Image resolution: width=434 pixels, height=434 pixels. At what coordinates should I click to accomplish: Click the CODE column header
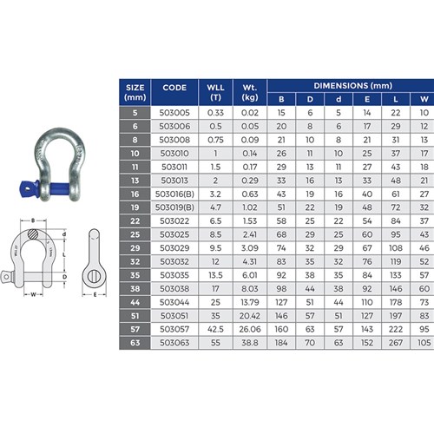tap(174, 88)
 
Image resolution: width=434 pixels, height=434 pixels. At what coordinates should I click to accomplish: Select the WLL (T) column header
tap(215, 92)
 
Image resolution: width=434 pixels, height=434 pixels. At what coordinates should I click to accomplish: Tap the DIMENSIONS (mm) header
tap(353, 86)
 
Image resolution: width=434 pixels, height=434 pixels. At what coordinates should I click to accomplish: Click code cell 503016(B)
tap(174, 194)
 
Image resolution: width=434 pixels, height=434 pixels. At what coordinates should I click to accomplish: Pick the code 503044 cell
tap(174, 302)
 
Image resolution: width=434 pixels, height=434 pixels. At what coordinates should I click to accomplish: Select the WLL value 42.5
tap(215, 329)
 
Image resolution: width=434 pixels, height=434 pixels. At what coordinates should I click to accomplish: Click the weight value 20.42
tap(250, 316)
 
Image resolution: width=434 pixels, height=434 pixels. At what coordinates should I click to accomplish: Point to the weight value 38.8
tap(250, 343)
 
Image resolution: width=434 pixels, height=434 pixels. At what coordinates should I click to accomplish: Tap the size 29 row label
tap(135, 248)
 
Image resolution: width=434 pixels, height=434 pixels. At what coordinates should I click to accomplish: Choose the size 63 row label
tap(135, 343)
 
